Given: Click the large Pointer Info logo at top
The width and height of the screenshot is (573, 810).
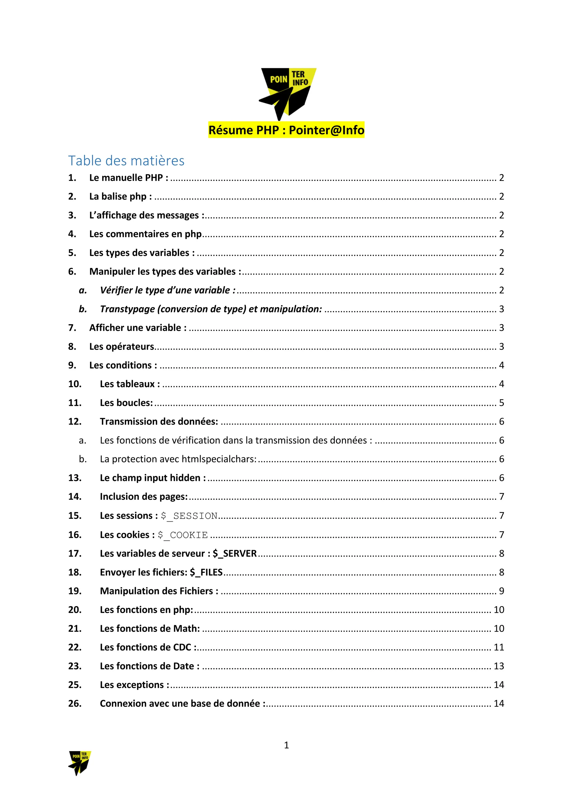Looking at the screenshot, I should (287, 93).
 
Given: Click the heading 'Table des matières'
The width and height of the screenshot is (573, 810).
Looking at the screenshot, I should (126, 161).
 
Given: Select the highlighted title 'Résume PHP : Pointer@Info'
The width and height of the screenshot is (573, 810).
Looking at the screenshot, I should (286, 130).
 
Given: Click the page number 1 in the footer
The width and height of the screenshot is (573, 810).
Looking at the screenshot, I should (286, 745).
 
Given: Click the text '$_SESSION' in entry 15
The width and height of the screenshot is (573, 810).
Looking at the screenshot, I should (189, 516).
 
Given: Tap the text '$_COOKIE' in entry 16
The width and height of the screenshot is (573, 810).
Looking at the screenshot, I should (182, 535).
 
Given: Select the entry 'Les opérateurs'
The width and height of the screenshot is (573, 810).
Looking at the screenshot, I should (122, 347).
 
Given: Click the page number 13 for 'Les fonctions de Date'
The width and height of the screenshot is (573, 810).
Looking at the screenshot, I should (499, 666).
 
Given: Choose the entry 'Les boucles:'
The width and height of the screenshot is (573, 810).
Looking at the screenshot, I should (126, 403).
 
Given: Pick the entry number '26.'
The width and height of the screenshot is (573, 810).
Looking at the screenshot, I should (75, 703).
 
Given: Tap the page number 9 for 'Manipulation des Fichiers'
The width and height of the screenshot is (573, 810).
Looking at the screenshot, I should (501, 591).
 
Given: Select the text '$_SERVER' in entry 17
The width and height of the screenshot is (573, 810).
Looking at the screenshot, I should (235, 554).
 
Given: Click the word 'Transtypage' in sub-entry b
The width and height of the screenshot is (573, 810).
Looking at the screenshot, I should (127, 309).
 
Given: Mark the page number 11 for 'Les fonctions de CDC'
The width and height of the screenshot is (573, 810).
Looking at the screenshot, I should (499, 647).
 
